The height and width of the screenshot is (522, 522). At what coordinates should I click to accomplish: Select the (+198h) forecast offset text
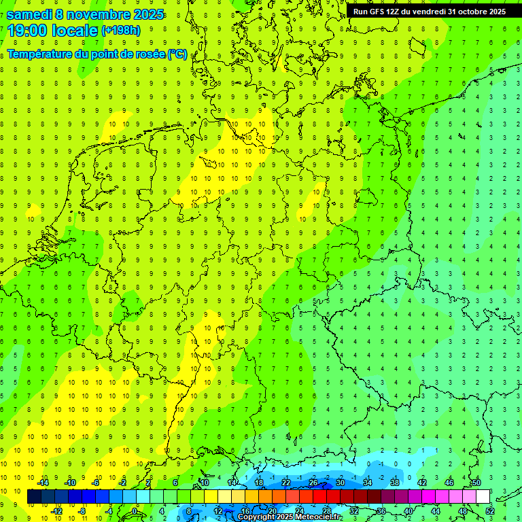click(121, 31)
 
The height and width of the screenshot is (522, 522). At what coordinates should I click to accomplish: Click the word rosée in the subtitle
click(150, 54)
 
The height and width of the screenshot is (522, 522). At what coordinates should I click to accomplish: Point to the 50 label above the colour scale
click(476, 483)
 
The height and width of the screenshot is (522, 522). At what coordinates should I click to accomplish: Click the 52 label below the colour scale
click(489, 510)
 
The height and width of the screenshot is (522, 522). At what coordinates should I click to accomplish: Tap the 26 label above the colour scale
click(313, 483)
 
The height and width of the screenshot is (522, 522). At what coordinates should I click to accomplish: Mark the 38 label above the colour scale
click(394, 483)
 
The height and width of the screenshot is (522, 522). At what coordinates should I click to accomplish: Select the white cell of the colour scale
click(483, 497)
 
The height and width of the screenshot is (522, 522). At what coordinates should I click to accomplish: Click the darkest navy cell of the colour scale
click(35, 497)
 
